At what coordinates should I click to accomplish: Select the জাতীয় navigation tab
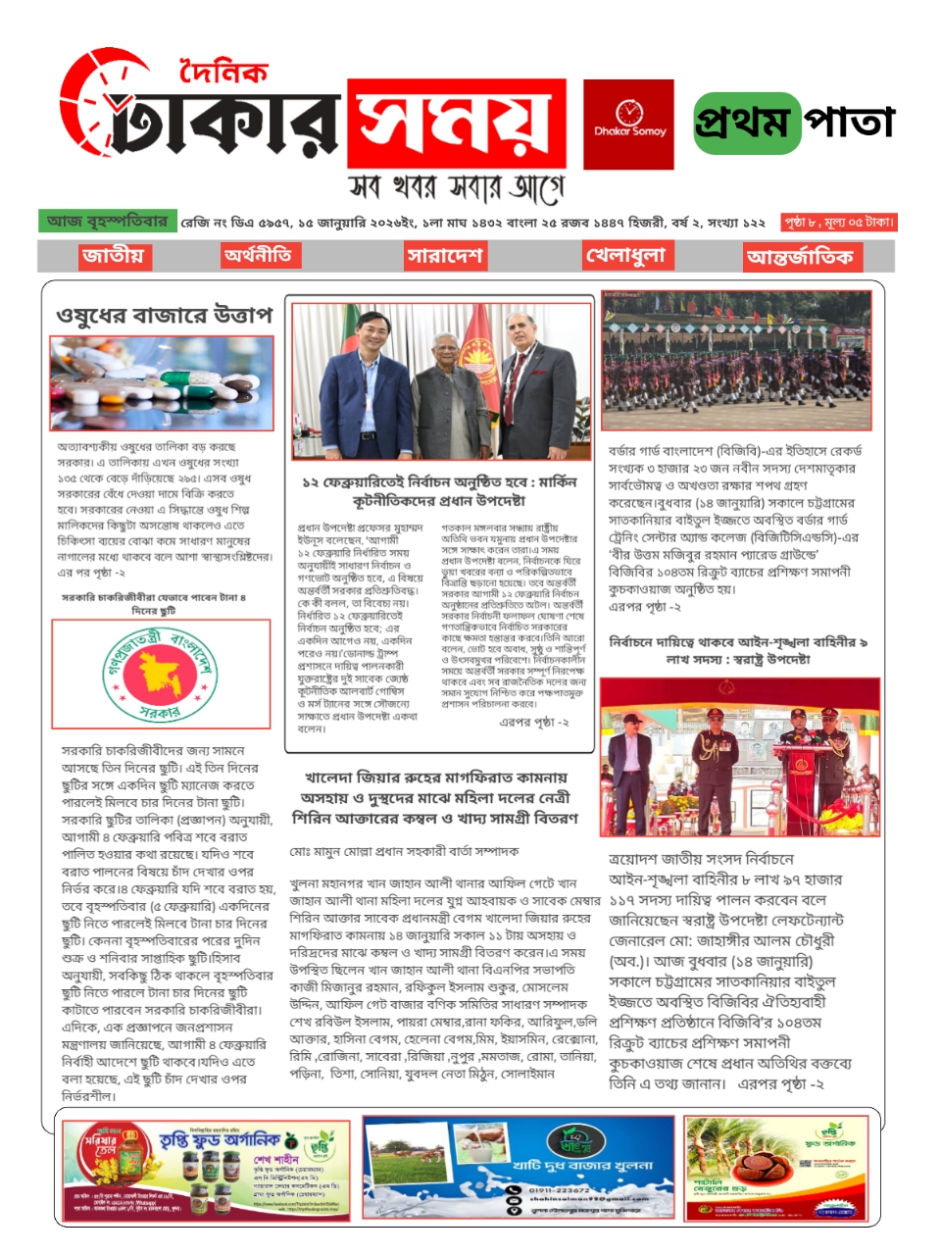[114, 256]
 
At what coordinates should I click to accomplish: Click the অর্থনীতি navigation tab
[258, 255]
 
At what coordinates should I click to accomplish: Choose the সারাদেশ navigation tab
[445, 256]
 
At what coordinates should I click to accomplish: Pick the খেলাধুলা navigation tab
[625, 256]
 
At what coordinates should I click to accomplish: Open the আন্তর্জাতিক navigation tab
[799, 257]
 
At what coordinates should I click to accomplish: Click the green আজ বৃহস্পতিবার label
[107, 222]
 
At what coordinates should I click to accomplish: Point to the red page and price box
[838, 223]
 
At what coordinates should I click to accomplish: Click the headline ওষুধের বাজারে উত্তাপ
[164, 315]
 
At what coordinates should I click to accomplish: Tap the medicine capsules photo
[162, 383]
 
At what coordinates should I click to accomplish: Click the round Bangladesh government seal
[161, 674]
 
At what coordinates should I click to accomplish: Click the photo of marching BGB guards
[735, 360]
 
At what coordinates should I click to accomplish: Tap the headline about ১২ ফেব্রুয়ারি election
[439, 490]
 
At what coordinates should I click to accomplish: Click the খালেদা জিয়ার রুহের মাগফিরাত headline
[434, 797]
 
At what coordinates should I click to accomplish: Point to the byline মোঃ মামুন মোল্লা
[404, 851]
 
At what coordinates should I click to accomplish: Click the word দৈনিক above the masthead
[223, 73]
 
